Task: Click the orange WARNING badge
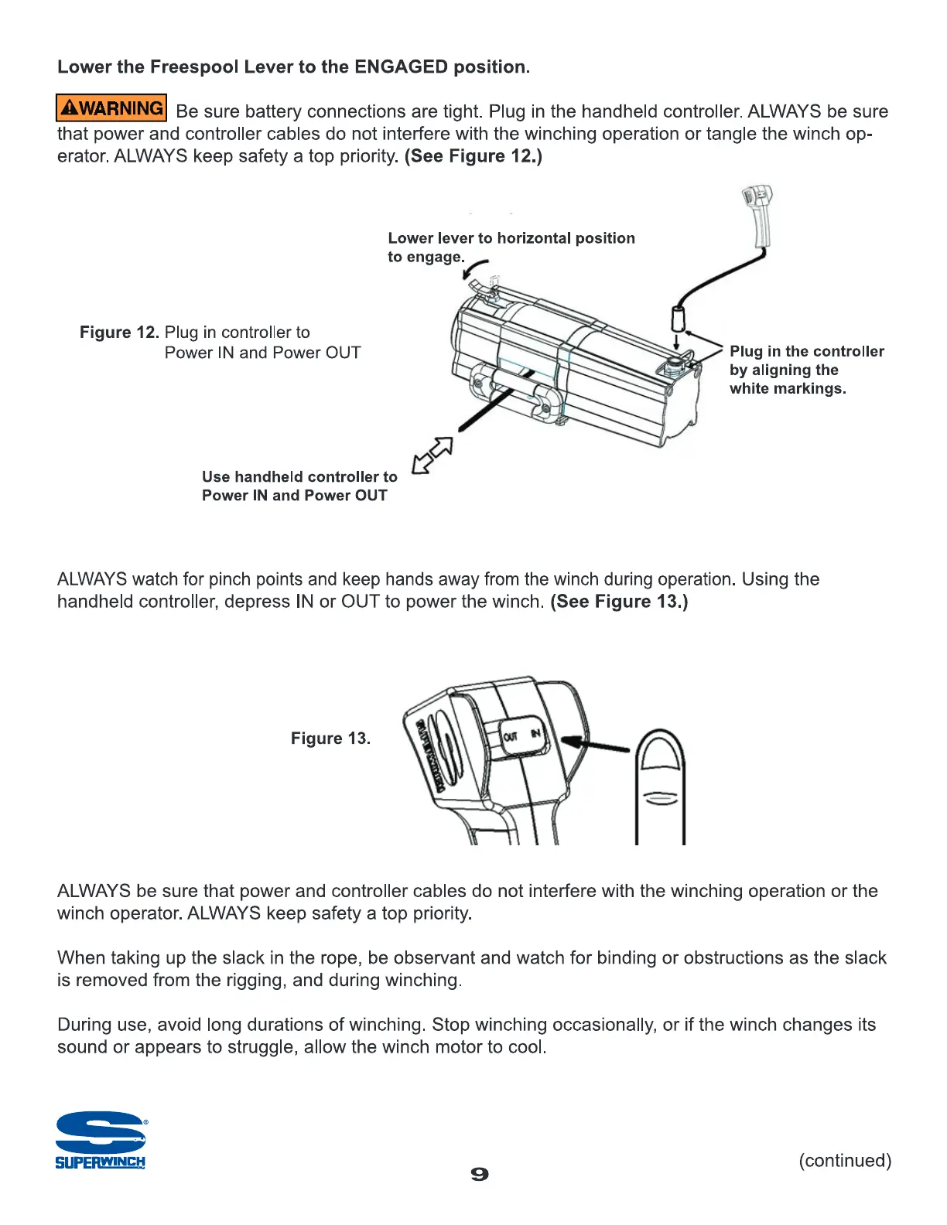tap(111, 108)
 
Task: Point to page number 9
tap(480, 1174)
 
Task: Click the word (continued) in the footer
tap(845, 1161)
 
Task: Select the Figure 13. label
tap(330, 739)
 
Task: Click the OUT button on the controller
tap(511, 735)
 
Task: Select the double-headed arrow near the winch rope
tap(432, 456)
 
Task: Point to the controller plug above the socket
tap(678, 317)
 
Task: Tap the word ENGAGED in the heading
tap(401, 67)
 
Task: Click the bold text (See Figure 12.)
tap(473, 156)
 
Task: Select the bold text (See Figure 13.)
tap(619, 602)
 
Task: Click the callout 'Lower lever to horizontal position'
tap(511, 238)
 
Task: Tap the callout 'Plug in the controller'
tap(806, 352)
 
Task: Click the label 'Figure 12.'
tap(119, 333)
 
